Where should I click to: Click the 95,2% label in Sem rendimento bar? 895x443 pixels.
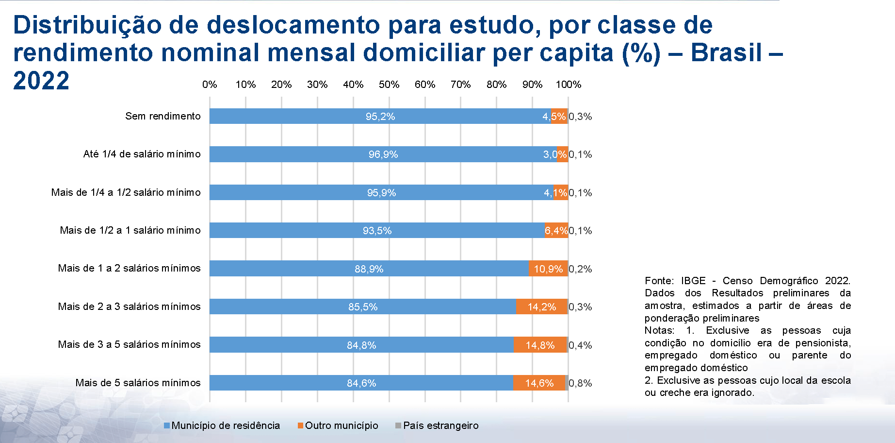(380, 117)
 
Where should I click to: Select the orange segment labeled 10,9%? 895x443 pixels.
(548, 269)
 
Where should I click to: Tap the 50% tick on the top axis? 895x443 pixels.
(389, 85)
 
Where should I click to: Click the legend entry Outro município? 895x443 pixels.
(341, 426)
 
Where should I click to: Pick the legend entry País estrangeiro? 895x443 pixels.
(440, 426)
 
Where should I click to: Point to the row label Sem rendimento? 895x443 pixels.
(163, 116)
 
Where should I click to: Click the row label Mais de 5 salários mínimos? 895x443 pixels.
(138, 383)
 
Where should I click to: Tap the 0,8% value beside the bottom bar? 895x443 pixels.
(580, 383)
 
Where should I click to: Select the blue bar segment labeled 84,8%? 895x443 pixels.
(361, 345)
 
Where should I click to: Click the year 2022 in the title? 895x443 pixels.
(41, 81)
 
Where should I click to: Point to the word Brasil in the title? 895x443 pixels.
(726, 52)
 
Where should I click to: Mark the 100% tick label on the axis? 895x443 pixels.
(568, 85)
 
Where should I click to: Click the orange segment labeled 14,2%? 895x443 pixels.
(541, 307)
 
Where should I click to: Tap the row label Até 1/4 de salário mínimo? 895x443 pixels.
(142, 154)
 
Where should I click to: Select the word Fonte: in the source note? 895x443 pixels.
(659, 281)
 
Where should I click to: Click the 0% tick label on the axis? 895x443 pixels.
(210, 85)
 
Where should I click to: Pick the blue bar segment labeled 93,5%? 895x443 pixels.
(377, 231)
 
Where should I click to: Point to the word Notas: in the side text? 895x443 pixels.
(659, 331)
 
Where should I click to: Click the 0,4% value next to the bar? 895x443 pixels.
(580, 345)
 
